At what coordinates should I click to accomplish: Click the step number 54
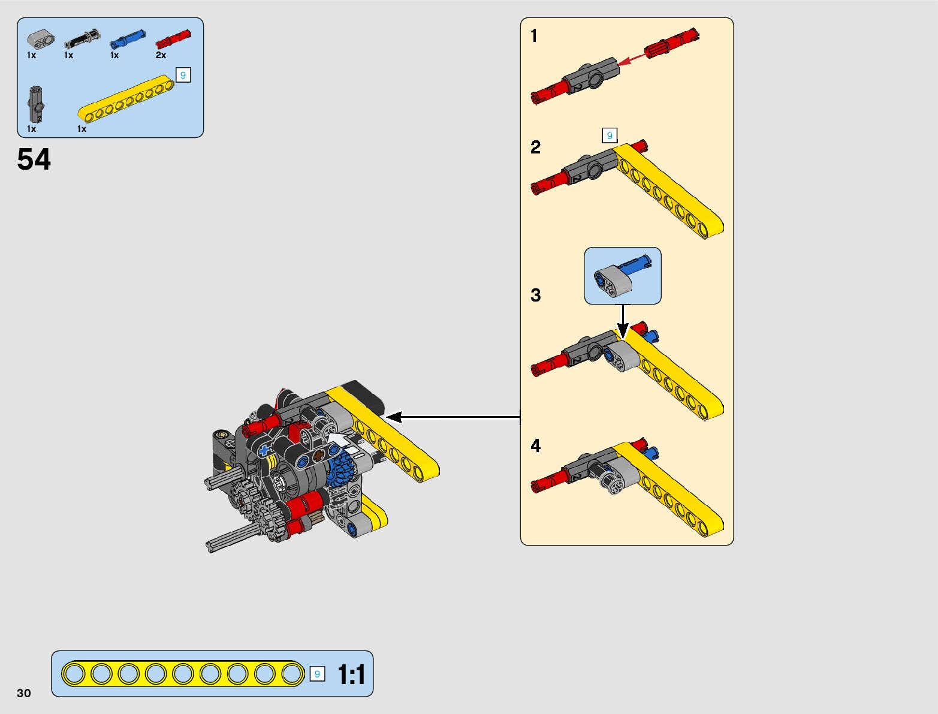coord(34,159)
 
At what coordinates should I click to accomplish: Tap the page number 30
coord(24,693)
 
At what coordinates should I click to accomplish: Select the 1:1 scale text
coord(351,674)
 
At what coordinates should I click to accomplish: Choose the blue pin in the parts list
coord(127,40)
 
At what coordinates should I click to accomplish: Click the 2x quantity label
coord(161,55)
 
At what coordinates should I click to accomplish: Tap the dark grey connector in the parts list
coord(35,104)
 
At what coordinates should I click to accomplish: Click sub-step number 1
coord(534,37)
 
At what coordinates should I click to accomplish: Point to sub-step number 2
coord(535,147)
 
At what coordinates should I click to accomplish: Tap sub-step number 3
coord(535,295)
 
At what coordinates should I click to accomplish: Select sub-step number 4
coord(535,445)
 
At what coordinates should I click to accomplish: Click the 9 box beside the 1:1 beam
coord(317,674)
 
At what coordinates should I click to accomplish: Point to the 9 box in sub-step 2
coord(610,135)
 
